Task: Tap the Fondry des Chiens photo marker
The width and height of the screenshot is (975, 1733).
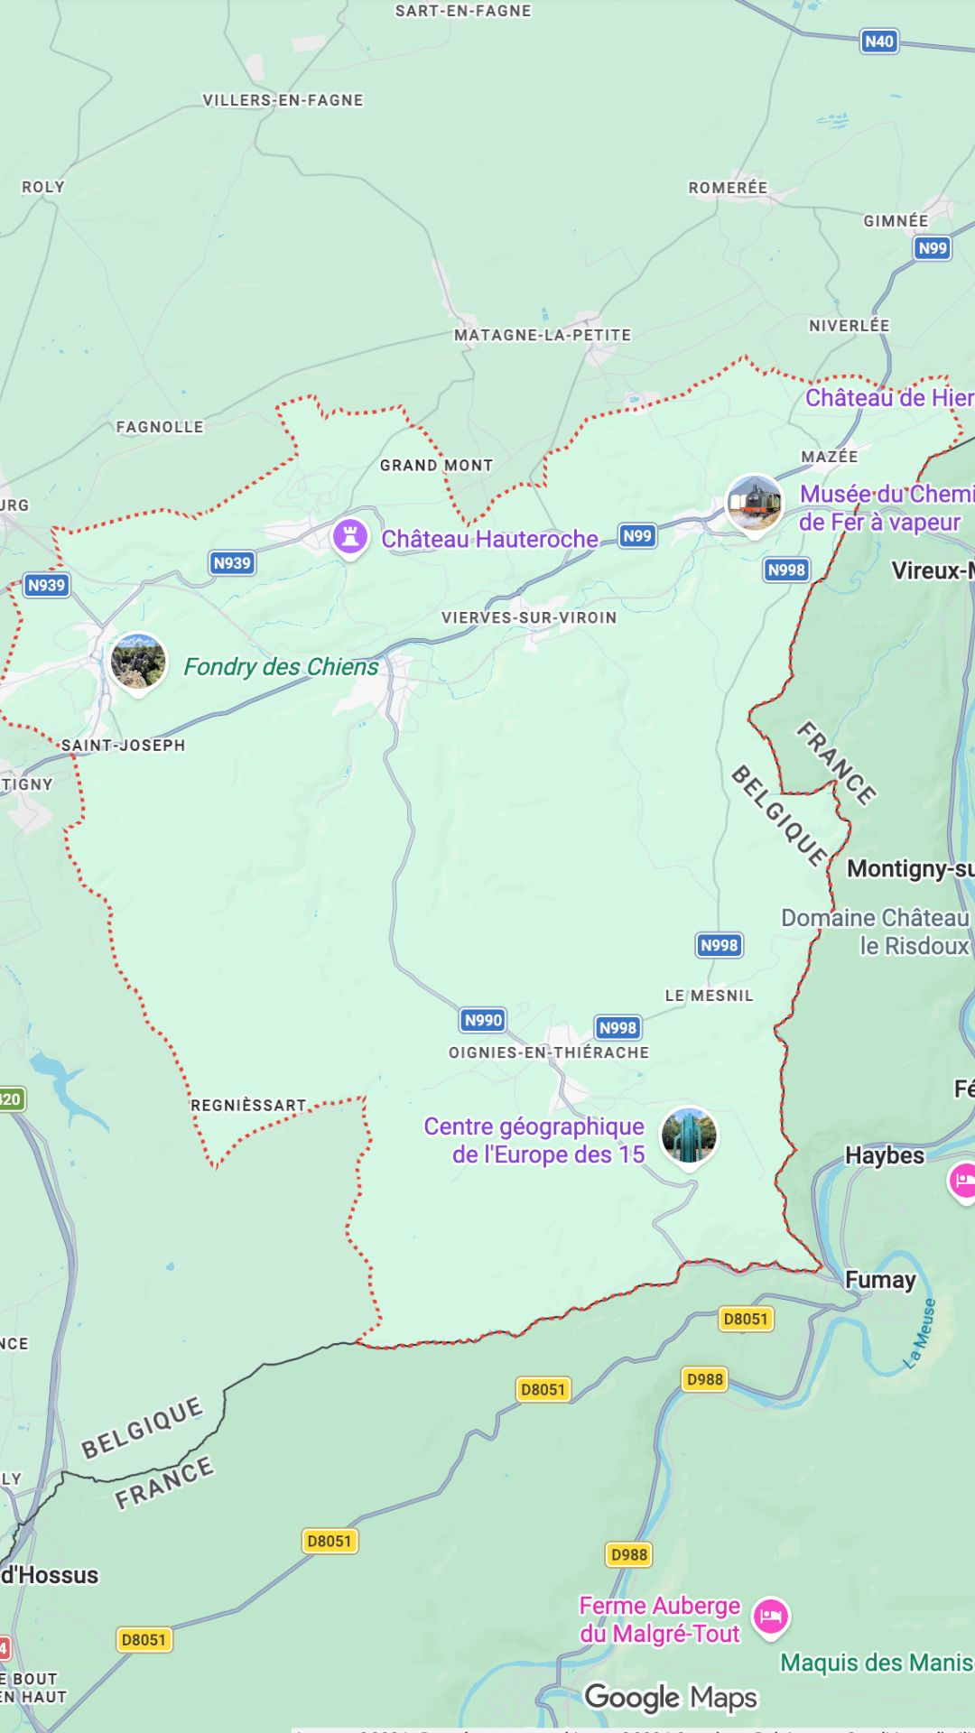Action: (x=138, y=662)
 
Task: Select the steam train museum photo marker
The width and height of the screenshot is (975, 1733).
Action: (x=755, y=503)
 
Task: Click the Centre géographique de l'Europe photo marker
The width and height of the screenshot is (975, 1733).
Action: (x=689, y=1136)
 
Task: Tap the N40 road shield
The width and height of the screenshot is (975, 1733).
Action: (x=878, y=42)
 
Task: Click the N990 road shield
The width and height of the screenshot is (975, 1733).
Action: (x=483, y=1020)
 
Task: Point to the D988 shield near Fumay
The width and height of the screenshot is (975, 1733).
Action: (x=704, y=1379)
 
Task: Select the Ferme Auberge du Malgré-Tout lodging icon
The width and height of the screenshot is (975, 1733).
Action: (x=770, y=1616)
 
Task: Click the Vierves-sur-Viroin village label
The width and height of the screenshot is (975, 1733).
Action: (x=529, y=617)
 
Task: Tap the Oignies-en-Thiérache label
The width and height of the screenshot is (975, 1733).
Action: (x=549, y=1052)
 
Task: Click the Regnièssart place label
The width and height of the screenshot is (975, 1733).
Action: (x=248, y=1106)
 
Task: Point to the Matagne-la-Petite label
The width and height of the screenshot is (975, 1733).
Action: (x=543, y=335)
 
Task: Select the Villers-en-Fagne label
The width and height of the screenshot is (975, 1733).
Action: (x=283, y=100)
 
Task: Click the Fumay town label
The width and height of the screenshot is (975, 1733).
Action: (x=880, y=1280)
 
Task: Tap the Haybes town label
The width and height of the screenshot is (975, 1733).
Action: (x=885, y=1155)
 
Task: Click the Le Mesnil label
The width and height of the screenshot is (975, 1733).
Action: (x=709, y=996)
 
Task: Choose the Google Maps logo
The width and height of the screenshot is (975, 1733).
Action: (x=671, y=1698)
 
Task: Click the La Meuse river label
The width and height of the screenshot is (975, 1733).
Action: (x=920, y=1334)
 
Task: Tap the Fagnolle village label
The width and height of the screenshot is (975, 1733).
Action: (x=160, y=427)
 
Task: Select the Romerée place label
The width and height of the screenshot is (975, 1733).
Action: (x=728, y=188)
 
